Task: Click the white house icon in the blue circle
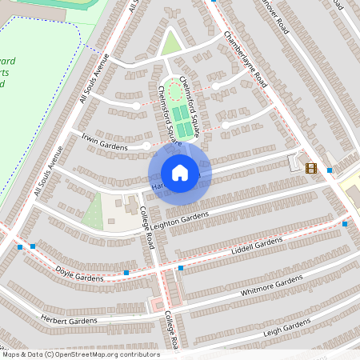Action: [180, 173]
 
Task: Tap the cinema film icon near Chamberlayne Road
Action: [310, 167]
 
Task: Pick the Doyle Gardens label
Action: [80, 276]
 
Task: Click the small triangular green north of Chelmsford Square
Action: [170, 44]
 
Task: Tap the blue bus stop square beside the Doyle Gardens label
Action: [126, 273]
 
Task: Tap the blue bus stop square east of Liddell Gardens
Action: [344, 224]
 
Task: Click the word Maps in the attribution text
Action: [13, 354]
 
